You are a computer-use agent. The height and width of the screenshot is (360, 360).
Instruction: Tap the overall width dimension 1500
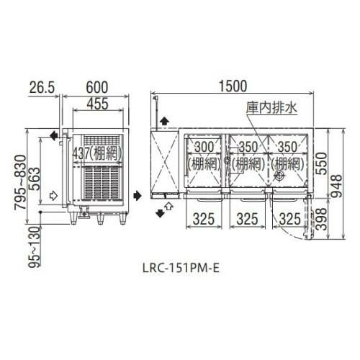235,85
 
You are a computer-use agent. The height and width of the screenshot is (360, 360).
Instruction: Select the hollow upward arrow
168,207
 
